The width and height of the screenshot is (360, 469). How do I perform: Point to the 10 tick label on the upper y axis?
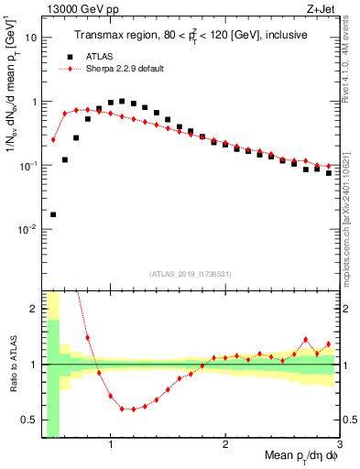[31, 38]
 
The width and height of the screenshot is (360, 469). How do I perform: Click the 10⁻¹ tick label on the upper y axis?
[28, 166]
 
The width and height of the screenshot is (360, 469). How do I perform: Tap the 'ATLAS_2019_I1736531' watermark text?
[191, 274]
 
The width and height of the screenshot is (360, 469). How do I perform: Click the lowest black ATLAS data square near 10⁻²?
[53, 214]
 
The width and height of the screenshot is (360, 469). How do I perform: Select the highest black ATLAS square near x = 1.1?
[122, 102]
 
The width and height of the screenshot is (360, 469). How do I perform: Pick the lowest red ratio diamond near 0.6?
[134, 409]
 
